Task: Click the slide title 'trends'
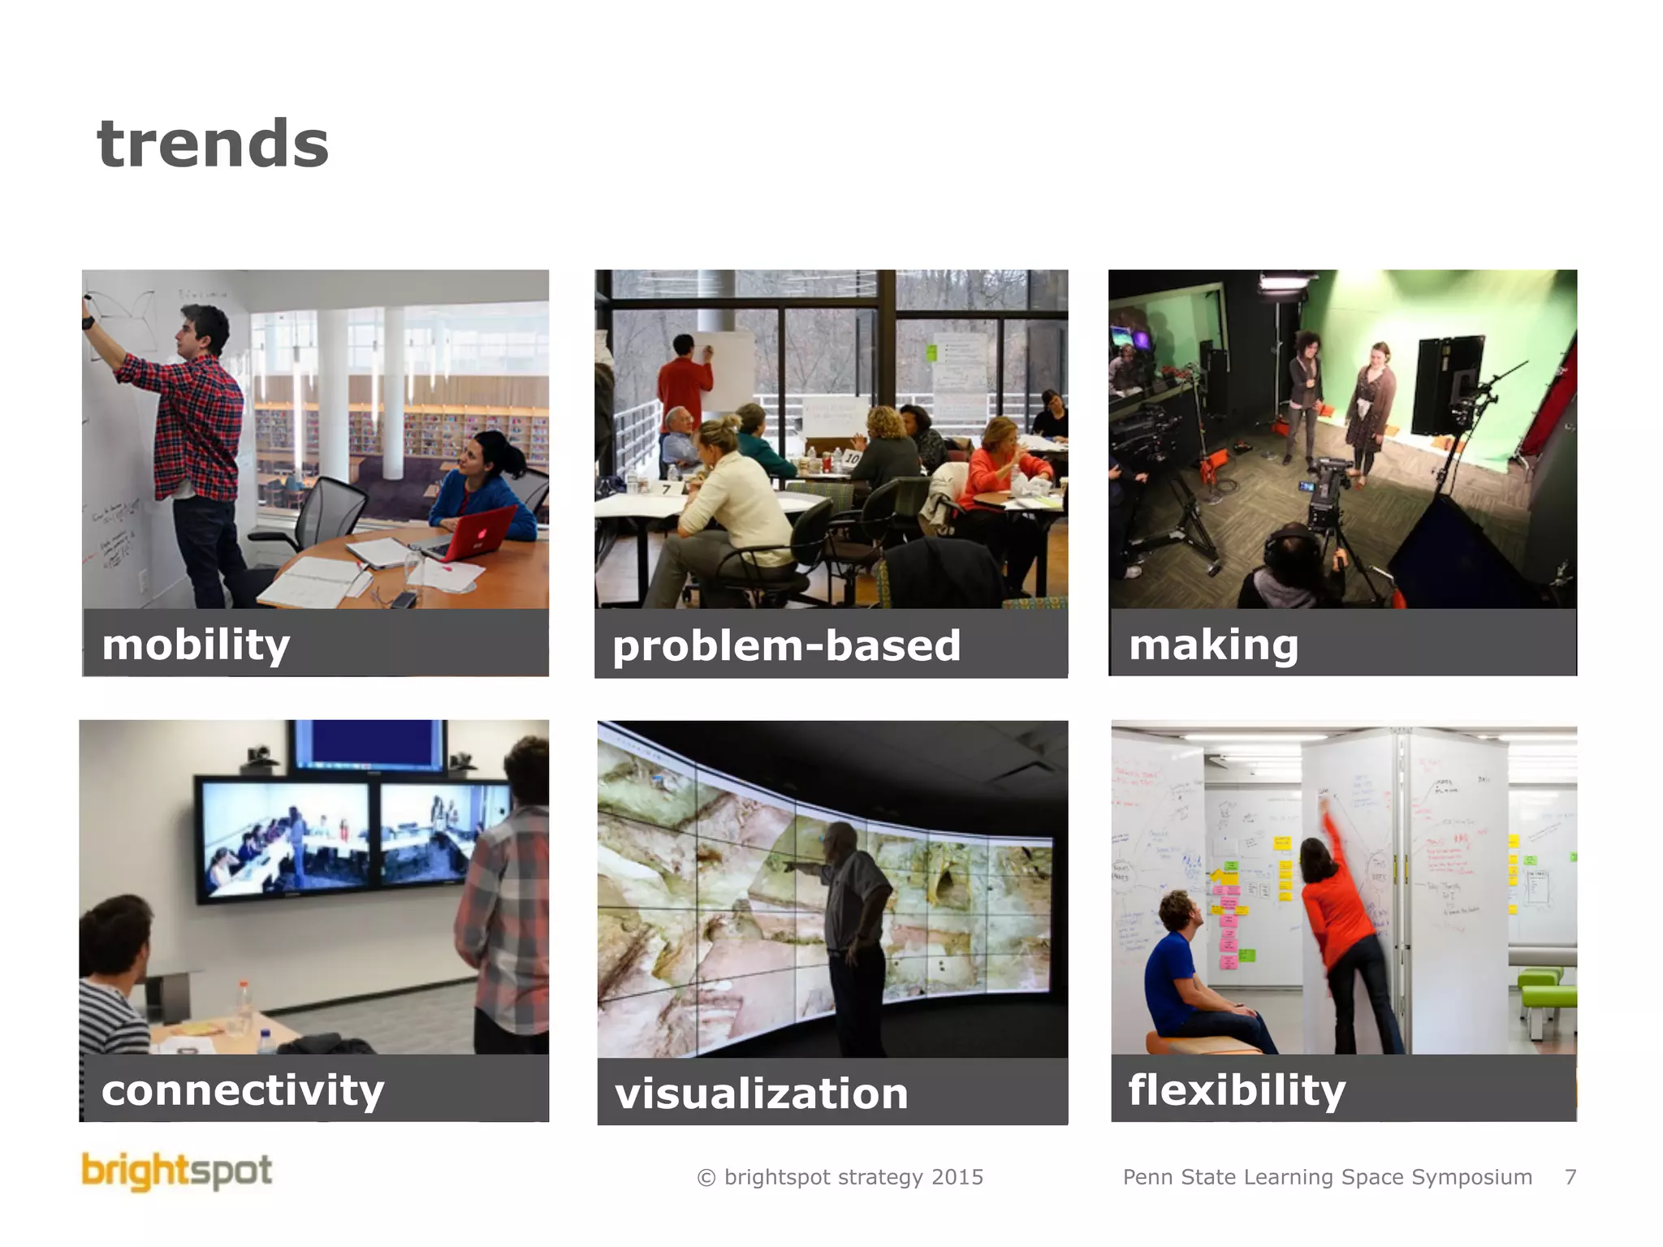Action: (213, 144)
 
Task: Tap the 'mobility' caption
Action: (196, 645)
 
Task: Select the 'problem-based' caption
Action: (786, 646)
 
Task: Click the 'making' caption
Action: (1213, 645)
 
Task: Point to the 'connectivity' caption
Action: (242, 1090)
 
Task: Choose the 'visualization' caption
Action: (761, 1094)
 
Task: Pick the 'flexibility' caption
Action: (1236, 1090)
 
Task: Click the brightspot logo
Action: (176, 1171)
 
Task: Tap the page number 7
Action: (1570, 1177)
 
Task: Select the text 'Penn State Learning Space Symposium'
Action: (1327, 1177)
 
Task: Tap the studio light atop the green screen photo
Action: (1283, 281)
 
